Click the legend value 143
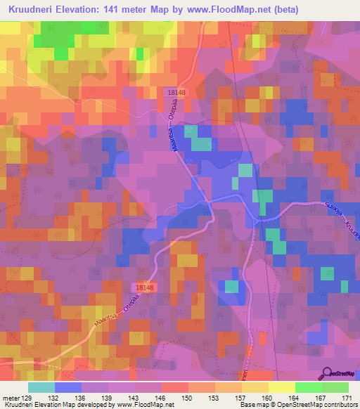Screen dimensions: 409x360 pyautogui.click(x=135, y=397)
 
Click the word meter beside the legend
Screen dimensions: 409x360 pyautogui.click(x=11, y=397)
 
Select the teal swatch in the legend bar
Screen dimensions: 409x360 pyautogui.click(x=41, y=387)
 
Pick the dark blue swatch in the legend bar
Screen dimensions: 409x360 pyautogui.click(x=68, y=387)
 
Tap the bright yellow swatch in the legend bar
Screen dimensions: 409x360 pyautogui.click(x=282, y=387)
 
